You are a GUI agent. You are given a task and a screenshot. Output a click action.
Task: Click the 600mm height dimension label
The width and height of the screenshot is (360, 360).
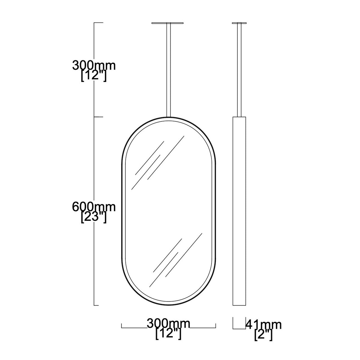tap(94, 207)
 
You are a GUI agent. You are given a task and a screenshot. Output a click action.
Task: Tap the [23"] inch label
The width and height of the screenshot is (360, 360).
tap(94, 217)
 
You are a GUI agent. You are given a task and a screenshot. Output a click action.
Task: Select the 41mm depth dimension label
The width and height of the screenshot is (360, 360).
tap(263, 325)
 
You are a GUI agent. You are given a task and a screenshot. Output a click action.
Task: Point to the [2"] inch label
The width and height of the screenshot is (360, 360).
tap(263, 335)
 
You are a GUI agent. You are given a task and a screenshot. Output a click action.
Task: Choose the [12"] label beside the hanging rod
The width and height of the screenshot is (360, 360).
tap(94, 76)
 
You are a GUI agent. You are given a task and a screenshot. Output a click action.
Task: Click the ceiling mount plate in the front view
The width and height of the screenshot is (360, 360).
tap(167, 23)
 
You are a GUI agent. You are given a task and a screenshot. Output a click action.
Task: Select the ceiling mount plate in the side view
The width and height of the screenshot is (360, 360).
tap(239, 23)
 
